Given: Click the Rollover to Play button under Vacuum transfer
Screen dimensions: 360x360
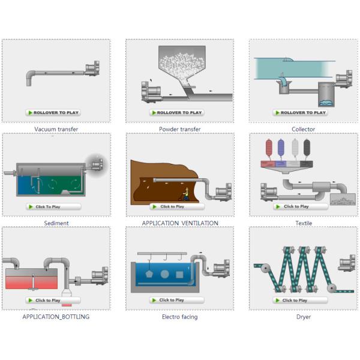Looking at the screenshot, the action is pyautogui.click(x=53, y=113).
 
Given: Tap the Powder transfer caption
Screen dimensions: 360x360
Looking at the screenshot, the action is pyautogui.click(x=180, y=129).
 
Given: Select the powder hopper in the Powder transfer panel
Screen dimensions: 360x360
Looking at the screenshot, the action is pyautogui.click(x=182, y=64).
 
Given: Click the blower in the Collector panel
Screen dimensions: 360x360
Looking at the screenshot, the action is pyautogui.click(x=344, y=78).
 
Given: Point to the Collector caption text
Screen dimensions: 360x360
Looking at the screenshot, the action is pyautogui.click(x=303, y=129).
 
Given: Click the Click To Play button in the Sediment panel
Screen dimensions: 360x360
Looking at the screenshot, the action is pyautogui.click(x=53, y=206).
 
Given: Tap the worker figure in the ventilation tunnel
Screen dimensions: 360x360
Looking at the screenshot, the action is pyautogui.click(x=186, y=194).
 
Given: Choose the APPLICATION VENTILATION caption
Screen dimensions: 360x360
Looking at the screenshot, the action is pyautogui.click(x=180, y=223).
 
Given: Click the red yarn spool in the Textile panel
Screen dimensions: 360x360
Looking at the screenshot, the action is pyautogui.click(x=269, y=148).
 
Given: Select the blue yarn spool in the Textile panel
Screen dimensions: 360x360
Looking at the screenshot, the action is pyautogui.click(x=281, y=148).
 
